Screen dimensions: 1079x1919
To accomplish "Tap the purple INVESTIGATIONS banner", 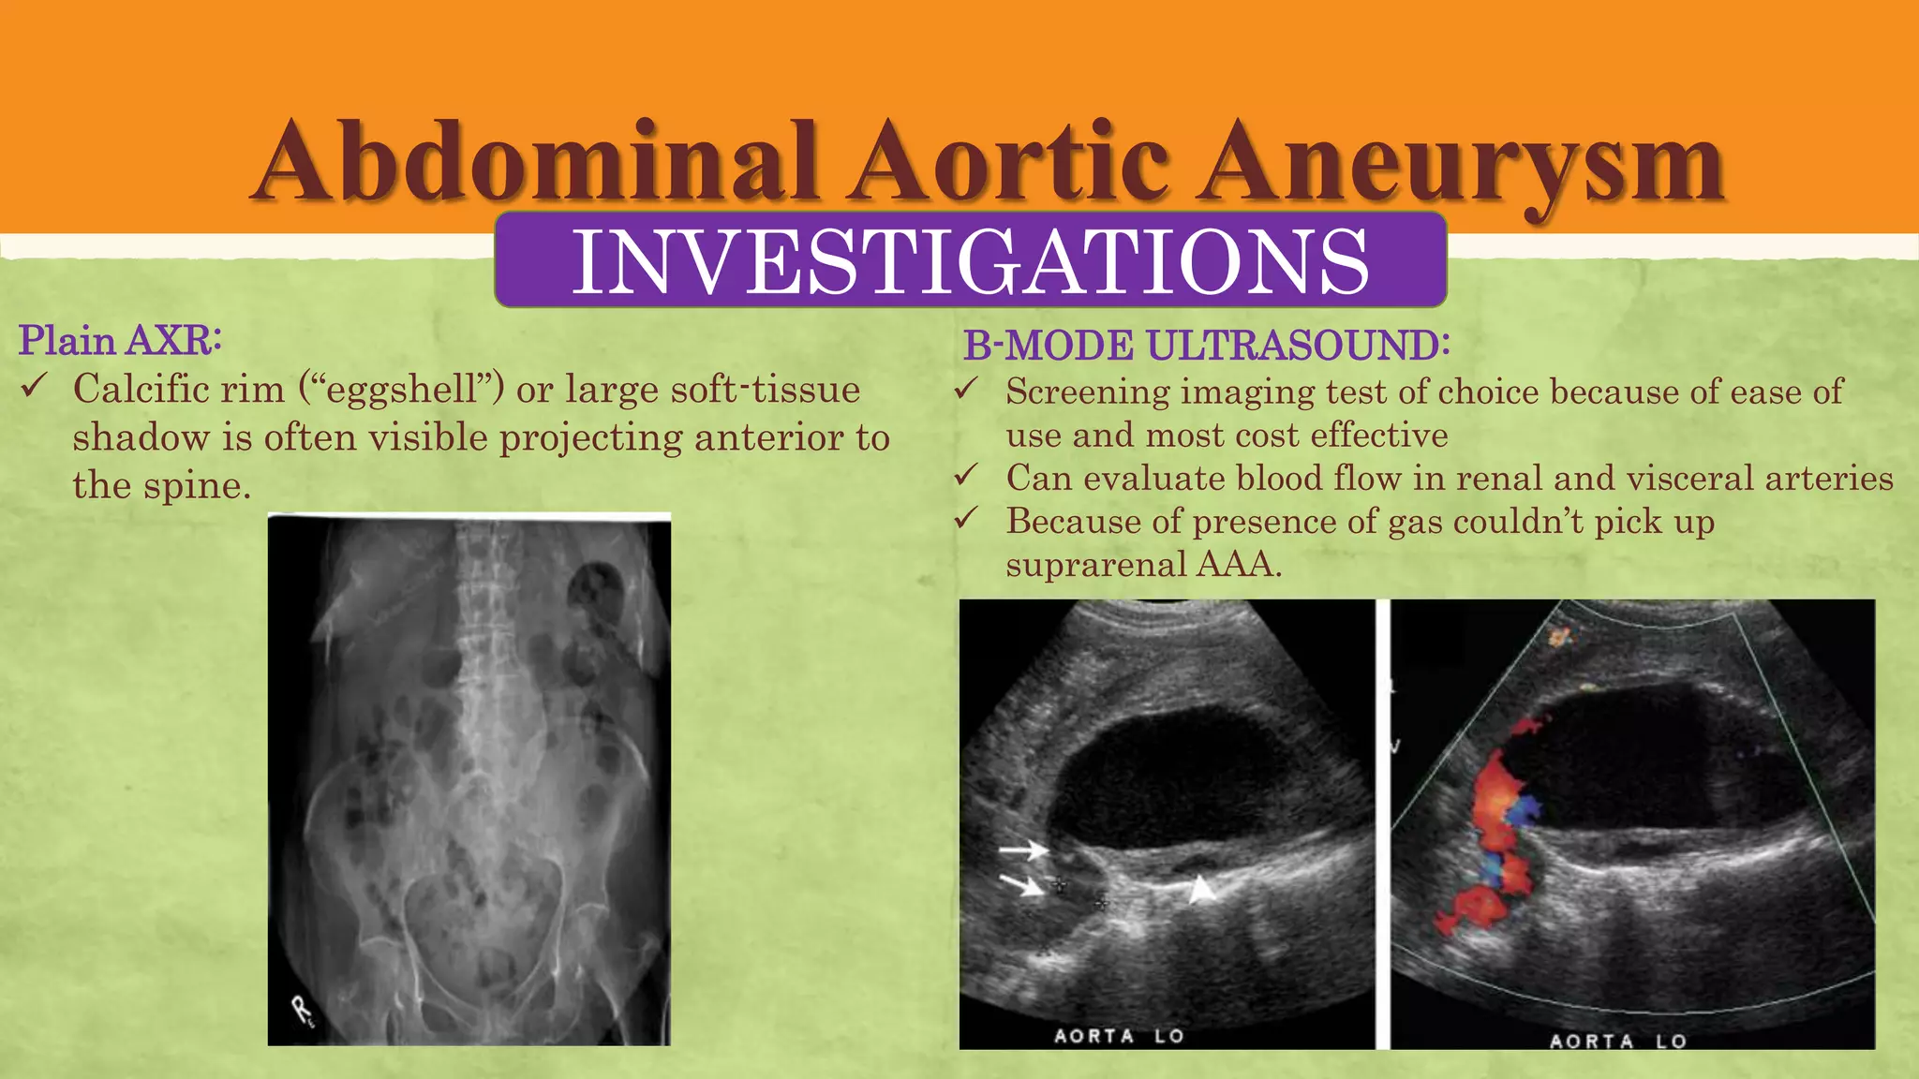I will [x=970, y=260].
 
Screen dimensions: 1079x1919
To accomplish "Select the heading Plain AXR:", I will [x=120, y=340].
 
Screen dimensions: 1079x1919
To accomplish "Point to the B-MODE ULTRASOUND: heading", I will [x=1206, y=345].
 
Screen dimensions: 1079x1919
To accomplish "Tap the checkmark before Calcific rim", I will [x=34, y=385].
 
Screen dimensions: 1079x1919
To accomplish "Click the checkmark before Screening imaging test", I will [x=966, y=388].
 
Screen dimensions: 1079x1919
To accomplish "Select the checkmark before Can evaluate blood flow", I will [x=966, y=475].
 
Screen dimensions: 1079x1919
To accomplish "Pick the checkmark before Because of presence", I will [x=966, y=518].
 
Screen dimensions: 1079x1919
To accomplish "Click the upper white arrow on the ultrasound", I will [x=1023, y=850].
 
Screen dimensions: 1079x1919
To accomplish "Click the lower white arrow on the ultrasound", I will [x=1022, y=883].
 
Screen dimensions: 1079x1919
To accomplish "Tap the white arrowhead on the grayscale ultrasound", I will [x=1201, y=890].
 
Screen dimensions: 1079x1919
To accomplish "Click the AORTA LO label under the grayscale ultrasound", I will [x=1119, y=1036].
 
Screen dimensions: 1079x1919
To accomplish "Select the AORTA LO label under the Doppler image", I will [x=1617, y=1041].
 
